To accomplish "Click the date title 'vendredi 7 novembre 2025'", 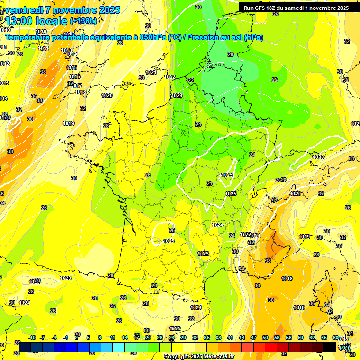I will click(63, 10).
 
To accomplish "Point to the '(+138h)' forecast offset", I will click(83, 21).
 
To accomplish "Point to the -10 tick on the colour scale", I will click(32, 338).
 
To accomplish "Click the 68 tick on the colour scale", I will click(335, 338).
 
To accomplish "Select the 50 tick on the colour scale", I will click(265, 338).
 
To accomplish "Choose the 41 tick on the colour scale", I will click(230, 338).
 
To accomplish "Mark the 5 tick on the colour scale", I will click(88, 338).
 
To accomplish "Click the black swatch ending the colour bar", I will click(330, 347).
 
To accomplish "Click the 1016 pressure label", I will click(74, 77).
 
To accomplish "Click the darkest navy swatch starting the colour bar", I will click(25, 347).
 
